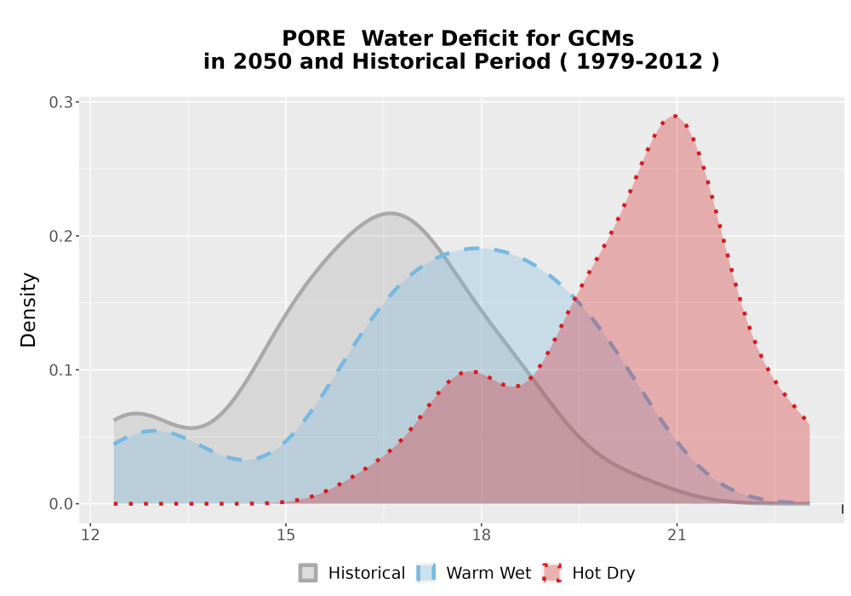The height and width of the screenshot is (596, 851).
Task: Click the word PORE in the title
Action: point(313,38)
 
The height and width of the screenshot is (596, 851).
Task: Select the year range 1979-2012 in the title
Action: point(639,61)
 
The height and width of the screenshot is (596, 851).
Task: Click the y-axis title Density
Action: point(28,310)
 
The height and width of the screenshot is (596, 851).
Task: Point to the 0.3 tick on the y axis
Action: point(60,102)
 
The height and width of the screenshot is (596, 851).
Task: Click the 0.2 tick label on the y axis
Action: point(60,236)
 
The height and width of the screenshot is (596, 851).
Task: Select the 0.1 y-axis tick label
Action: point(60,370)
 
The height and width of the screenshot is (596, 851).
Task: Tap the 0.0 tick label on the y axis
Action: point(60,504)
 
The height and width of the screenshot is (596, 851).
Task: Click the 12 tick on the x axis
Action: point(90,536)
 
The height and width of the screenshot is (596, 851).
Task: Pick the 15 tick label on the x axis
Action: point(286,536)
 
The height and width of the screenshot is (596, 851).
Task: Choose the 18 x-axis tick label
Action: point(481,536)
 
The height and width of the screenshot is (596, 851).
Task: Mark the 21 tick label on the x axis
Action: point(677,536)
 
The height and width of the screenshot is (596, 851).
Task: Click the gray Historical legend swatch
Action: point(308,573)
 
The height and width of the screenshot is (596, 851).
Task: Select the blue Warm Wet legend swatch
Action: point(426,573)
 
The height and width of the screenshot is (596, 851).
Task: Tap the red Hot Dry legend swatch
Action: point(552,573)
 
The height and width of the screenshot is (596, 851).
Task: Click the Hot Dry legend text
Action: point(603,573)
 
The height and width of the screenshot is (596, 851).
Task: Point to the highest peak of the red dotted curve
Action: point(674,116)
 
